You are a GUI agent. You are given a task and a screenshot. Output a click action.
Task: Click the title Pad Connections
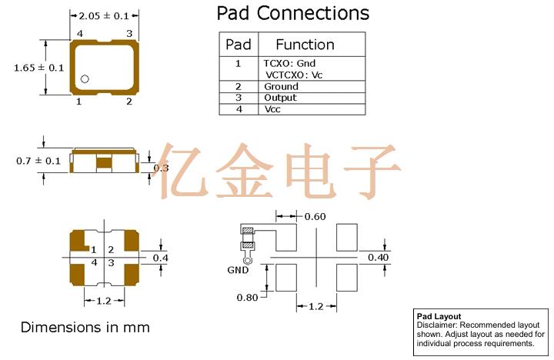(x=292, y=13)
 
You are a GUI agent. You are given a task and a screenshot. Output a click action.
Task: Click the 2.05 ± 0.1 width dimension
(x=104, y=15)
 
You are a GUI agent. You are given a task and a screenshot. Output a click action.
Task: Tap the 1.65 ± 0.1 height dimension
(x=38, y=68)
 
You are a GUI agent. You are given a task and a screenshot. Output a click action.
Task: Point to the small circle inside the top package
(x=85, y=78)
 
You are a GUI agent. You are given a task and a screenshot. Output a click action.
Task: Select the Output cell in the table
(x=280, y=98)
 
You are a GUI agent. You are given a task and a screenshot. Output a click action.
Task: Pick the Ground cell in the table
(x=281, y=87)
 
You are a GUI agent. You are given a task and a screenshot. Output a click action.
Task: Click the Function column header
(x=305, y=45)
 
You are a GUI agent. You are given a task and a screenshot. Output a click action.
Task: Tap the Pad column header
(x=238, y=45)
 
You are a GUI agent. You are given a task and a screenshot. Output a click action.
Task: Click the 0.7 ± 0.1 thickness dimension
(x=38, y=161)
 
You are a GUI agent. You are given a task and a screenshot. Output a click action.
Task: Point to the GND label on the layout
(x=238, y=270)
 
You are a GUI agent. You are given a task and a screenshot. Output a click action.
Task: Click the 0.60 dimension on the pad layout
(x=314, y=216)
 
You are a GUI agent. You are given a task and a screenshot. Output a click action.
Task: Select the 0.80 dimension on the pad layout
(x=248, y=297)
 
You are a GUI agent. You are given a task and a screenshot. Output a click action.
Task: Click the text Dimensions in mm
(x=85, y=328)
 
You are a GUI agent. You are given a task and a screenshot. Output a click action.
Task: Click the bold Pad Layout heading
(x=438, y=316)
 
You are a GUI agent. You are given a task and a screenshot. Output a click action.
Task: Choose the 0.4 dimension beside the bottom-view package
(x=160, y=257)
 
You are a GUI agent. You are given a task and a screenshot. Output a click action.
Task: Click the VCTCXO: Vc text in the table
(x=293, y=75)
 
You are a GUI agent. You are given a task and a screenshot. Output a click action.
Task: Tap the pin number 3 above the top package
(x=129, y=33)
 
